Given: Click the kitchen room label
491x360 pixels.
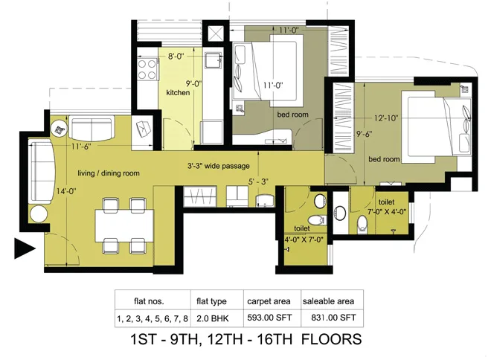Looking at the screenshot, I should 178,93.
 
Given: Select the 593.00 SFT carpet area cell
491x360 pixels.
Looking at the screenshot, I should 270,318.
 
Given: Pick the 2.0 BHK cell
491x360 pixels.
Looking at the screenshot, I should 213,318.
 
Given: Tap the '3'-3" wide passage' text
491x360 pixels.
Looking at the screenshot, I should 218,166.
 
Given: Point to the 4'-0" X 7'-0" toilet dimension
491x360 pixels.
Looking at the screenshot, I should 305,240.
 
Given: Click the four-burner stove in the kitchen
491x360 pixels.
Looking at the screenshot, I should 147,70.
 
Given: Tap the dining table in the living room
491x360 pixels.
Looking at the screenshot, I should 124,224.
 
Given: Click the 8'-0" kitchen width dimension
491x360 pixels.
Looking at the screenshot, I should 176,57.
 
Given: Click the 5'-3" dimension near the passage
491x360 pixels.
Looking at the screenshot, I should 257,180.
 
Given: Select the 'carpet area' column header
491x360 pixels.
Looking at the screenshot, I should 269,302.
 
